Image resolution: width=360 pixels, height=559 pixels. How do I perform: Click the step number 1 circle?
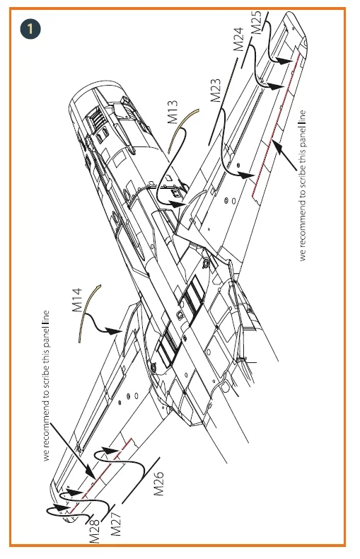tap(30, 29)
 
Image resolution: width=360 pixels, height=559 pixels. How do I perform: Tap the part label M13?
tap(172, 112)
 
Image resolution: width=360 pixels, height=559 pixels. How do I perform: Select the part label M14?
tap(77, 300)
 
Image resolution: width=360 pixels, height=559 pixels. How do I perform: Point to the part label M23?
tap(216, 91)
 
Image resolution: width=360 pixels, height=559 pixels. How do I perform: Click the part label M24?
tap(238, 39)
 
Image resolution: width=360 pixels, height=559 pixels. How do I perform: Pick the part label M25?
tap(256, 23)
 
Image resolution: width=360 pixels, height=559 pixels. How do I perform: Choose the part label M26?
tap(158, 483)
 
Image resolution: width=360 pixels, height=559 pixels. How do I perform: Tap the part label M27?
tap(116, 524)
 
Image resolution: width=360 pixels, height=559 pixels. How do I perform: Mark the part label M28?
tap(95, 531)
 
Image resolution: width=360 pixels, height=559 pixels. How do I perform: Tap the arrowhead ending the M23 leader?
tap(246, 175)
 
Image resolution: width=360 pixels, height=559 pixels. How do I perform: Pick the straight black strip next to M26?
tap(141, 480)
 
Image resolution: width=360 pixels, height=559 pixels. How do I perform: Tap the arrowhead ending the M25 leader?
tap(284, 62)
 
